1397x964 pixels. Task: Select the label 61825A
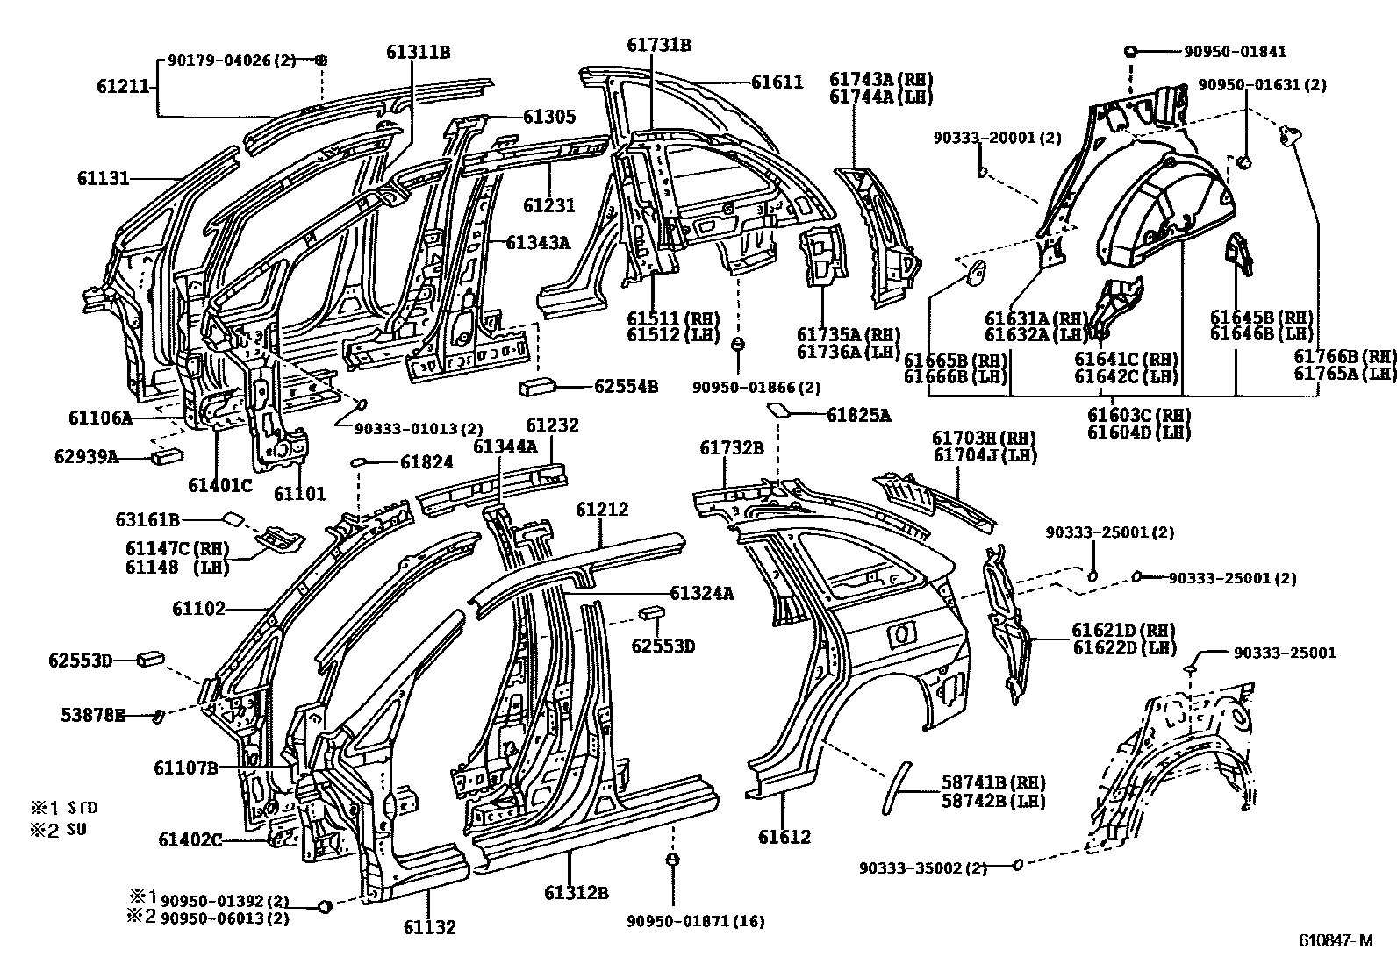click(858, 416)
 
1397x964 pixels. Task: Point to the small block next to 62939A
click(167, 456)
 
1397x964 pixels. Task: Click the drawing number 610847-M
click(1336, 941)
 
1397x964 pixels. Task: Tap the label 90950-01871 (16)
click(695, 921)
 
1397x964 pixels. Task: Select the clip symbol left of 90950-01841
click(1132, 52)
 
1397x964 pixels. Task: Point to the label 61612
click(784, 837)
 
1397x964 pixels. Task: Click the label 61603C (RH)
click(1139, 414)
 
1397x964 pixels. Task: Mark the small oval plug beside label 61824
click(359, 461)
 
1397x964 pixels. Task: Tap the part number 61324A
click(701, 594)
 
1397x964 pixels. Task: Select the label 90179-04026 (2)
click(232, 60)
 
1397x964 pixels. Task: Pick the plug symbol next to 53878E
click(159, 716)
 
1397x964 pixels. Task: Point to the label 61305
click(549, 116)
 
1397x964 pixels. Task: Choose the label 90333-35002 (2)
click(923, 868)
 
